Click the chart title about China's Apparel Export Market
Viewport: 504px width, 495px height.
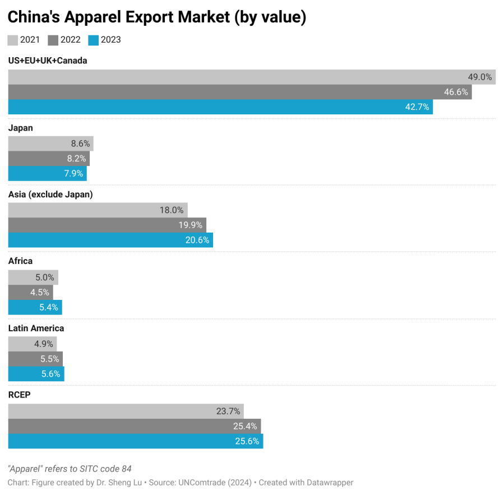pyautogui.click(x=157, y=17)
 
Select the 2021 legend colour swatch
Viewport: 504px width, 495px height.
pyautogui.click(x=13, y=40)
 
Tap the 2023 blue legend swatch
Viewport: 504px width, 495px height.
pyautogui.click(x=94, y=40)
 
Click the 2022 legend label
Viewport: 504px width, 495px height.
pyautogui.click(x=71, y=40)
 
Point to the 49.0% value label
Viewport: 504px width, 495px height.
pyautogui.click(x=480, y=77)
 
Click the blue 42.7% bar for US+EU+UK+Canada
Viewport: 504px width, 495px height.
pyautogui.click(x=220, y=107)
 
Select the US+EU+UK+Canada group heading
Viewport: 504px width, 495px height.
pyautogui.click(x=48, y=61)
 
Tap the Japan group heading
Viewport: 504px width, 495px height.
pyautogui.click(x=21, y=128)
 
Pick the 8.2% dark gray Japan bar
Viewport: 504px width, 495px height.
pyautogui.click(x=49, y=159)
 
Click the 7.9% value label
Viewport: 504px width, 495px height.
pyautogui.click(x=73, y=174)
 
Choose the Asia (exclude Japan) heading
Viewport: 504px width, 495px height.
pyautogui.click(x=50, y=195)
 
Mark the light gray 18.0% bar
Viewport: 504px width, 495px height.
pyautogui.click(x=98, y=210)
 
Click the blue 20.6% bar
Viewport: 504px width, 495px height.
pyautogui.click(x=110, y=240)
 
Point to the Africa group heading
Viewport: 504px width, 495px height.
pyautogui.click(x=21, y=261)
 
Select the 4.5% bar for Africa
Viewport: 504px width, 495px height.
pyautogui.click(x=30, y=292)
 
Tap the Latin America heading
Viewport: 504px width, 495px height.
pyautogui.click(x=36, y=328)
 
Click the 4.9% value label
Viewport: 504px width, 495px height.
pyautogui.click(x=44, y=344)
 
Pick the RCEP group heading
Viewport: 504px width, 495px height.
pyautogui.click(x=20, y=395)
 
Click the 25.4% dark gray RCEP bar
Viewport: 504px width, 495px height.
pyautogui.click(x=135, y=426)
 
